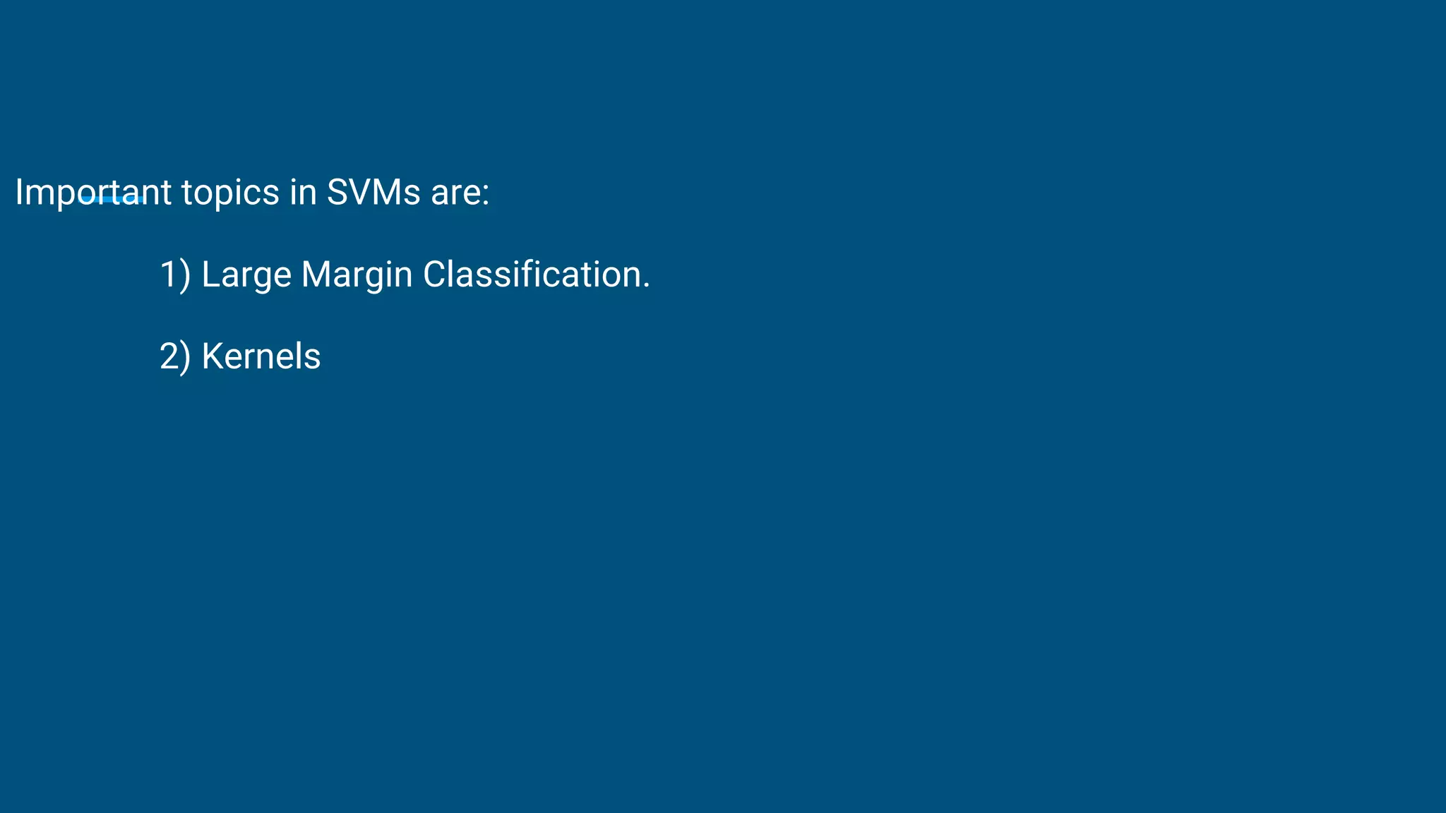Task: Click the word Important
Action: (92, 192)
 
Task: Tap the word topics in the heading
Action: (230, 192)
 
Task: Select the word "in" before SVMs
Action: (303, 192)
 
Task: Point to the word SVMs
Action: (373, 192)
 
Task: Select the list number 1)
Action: (174, 275)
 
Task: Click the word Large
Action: (246, 275)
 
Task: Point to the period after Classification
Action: (646, 286)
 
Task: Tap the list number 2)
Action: (174, 356)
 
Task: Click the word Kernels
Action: (261, 356)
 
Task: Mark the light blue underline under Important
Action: (112, 200)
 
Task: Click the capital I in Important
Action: (19, 192)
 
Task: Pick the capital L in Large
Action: (210, 275)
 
